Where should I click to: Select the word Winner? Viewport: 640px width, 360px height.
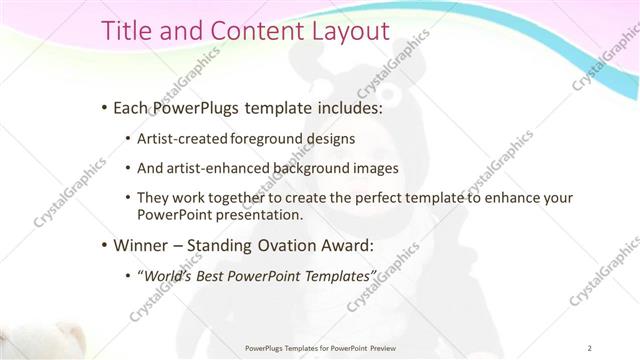tap(142, 245)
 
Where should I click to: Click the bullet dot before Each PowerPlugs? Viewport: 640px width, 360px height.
tap(105, 107)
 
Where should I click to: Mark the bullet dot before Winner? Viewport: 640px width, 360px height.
tap(105, 245)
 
